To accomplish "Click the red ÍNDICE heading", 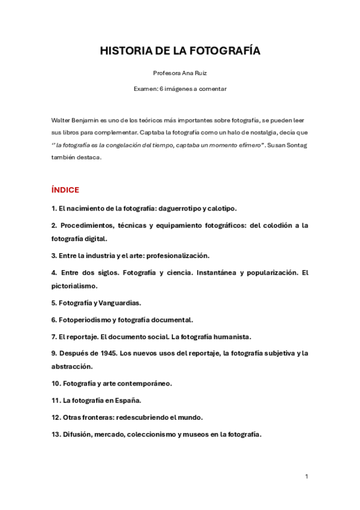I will (x=66, y=190).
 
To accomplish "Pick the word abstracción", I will (x=72, y=366).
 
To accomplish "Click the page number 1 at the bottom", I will (x=307, y=477).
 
